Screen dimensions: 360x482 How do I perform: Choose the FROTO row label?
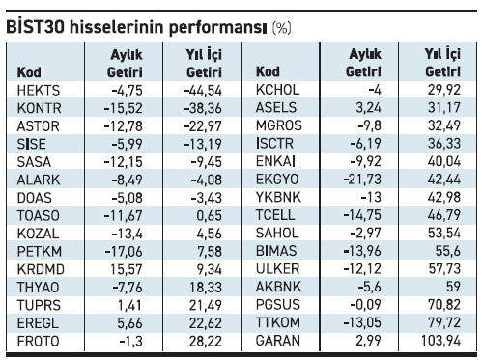pyautogui.click(x=36, y=342)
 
